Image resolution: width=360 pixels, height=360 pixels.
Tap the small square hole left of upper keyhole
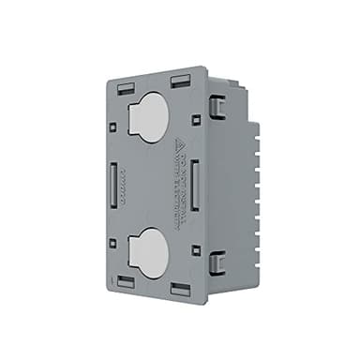(x=112, y=117)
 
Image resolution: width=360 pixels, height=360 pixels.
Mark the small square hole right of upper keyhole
(x=194, y=119)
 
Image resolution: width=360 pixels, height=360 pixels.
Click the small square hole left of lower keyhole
(x=112, y=243)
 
